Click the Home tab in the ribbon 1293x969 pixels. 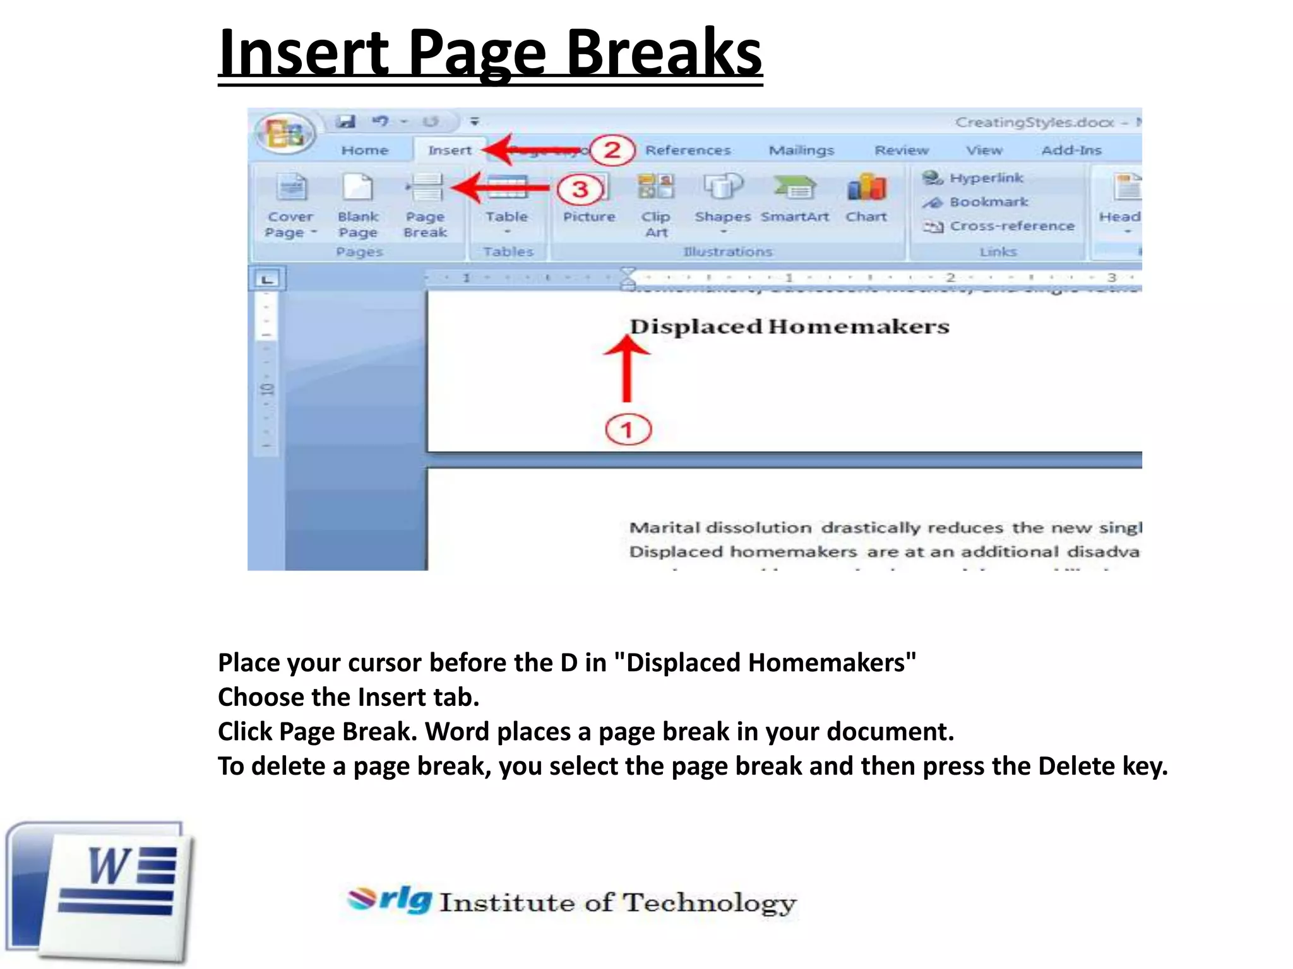tap(364, 150)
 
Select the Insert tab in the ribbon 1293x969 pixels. tap(450, 150)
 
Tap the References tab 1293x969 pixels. tap(688, 150)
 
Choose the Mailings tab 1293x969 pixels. tap(801, 150)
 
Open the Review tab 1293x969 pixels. tap(901, 150)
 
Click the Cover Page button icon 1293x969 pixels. tap(291, 188)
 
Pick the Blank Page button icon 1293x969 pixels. tap(357, 188)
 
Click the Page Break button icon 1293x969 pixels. tap(425, 188)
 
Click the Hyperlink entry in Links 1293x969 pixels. tap(986, 178)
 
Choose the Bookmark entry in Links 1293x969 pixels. tap(988, 202)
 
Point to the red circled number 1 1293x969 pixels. tap(628, 430)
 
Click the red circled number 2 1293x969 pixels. tap(612, 150)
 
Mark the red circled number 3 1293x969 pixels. tap(580, 189)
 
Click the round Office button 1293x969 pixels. tap(285, 134)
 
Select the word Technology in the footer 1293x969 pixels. tap(710, 903)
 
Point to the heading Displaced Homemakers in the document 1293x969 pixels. tap(789, 327)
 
